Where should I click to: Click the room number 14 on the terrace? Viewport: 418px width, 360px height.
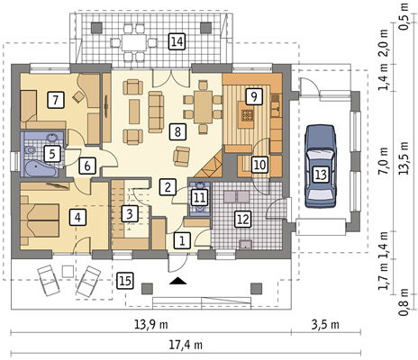point(177,41)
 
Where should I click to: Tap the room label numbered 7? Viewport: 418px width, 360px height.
point(56,100)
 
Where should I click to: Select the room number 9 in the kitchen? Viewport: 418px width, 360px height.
point(254,96)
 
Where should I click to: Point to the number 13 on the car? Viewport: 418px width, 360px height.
point(321,175)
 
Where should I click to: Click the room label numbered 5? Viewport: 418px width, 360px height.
point(52,154)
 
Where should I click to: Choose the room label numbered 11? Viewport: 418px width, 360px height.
point(200,198)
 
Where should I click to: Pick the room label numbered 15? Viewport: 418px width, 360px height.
point(125,281)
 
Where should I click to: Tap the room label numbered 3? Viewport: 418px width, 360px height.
point(130,214)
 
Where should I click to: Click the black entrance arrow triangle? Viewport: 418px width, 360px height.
point(177,281)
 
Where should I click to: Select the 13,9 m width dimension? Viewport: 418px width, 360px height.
point(150,325)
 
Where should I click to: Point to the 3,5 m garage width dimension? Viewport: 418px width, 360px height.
point(325,325)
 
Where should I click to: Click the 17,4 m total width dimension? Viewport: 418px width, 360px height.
point(186,345)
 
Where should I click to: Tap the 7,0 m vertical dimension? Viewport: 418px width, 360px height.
point(383,161)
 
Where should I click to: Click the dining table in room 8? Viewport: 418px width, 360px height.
point(203,107)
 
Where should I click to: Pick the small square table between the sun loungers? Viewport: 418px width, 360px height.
point(68,272)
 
